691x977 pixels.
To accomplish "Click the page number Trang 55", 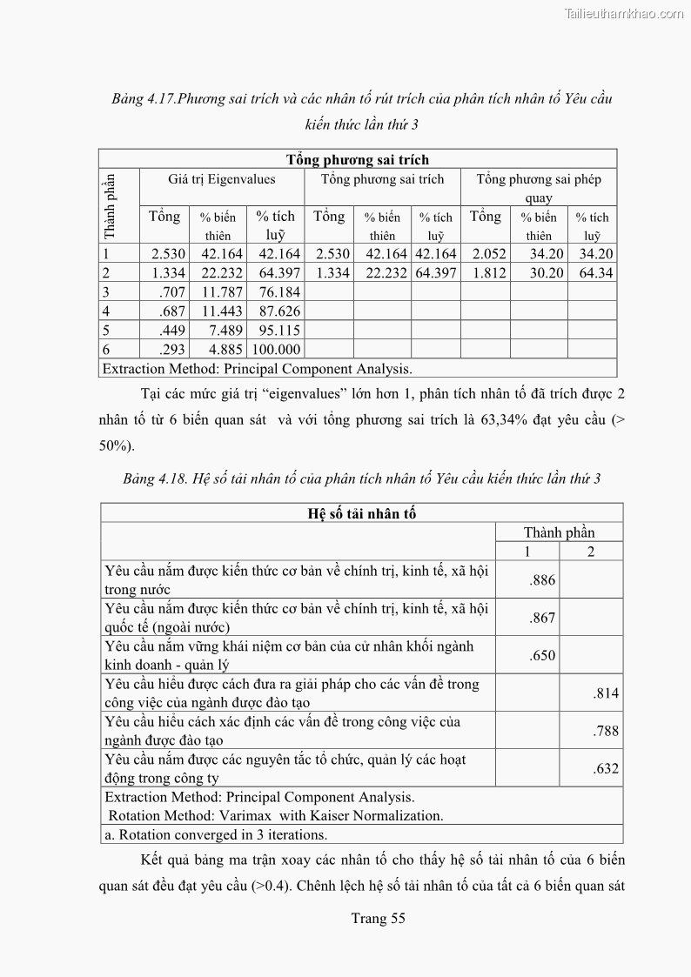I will coord(378,918).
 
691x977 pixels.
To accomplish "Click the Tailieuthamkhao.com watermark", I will coord(624,13).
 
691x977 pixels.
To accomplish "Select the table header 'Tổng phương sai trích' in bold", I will coord(358,159).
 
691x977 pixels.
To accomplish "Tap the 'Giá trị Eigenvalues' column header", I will coord(222,179).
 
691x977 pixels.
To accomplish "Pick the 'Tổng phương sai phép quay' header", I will coord(539,188).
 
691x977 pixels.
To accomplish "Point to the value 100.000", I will coord(276,350).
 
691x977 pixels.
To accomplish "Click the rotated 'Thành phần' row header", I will coord(110,206).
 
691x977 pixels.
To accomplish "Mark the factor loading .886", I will coord(542,580).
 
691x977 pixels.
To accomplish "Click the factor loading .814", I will coord(606,693).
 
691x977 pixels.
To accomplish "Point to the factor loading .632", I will coord(606,769).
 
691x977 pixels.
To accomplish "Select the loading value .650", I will coord(542,656).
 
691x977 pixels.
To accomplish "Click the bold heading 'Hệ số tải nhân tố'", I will coord(362,513).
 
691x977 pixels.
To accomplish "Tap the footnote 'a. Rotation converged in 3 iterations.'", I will coord(216,835).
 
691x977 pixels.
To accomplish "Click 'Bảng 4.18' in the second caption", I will coord(152,478).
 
